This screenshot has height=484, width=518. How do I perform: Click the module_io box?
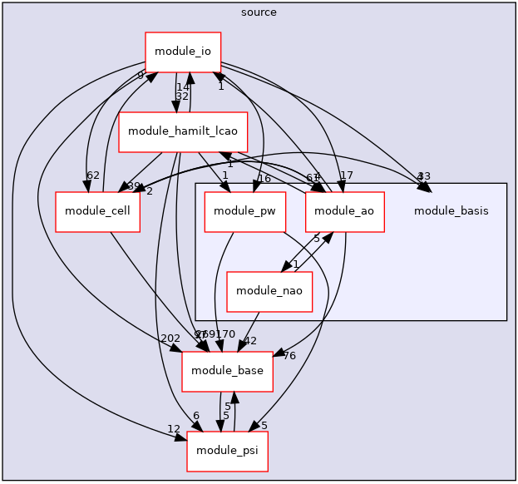tap(182, 52)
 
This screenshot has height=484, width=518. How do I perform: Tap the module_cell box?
tap(97, 211)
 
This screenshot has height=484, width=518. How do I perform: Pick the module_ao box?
tap(344, 211)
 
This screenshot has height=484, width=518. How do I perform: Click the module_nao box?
tap(269, 290)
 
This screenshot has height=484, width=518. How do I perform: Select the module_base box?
tap(228, 369)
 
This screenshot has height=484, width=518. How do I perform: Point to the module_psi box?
tap(228, 450)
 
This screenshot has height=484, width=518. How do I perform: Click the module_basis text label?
tap(451, 211)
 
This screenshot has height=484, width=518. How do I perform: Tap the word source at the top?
tap(259, 12)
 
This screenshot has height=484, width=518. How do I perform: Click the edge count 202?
tap(170, 338)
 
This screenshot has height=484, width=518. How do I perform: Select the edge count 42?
tap(249, 340)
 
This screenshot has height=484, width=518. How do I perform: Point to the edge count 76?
tap(289, 356)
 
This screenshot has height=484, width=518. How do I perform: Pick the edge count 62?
tap(93, 175)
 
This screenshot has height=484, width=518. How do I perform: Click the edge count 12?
tap(174, 428)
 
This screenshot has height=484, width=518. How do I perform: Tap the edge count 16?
tap(264, 179)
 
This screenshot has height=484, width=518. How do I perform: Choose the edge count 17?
tap(347, 175)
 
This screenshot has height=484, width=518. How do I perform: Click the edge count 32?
tap(182, 96)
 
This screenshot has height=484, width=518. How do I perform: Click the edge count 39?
tap(133, 185)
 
